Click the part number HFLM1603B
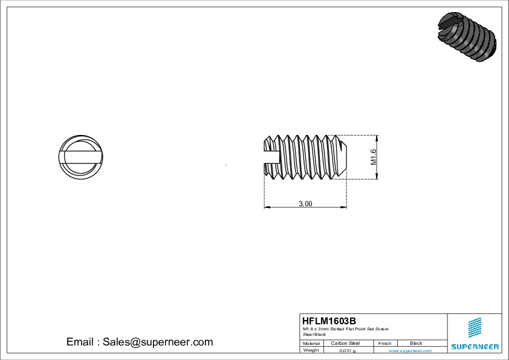click(329, 321)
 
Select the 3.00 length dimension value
click(305, 204)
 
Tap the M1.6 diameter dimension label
click(373, 157)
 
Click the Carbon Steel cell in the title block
click(345, 343)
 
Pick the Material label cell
click(311, 343)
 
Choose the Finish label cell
click(384, 343)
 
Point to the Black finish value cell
click(416, 343)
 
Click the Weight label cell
click(311, 350)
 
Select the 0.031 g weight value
click(347, 350)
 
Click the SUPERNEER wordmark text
click(475, 347)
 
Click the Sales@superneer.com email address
click(157, 342)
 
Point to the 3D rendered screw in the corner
click(466, 37)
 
